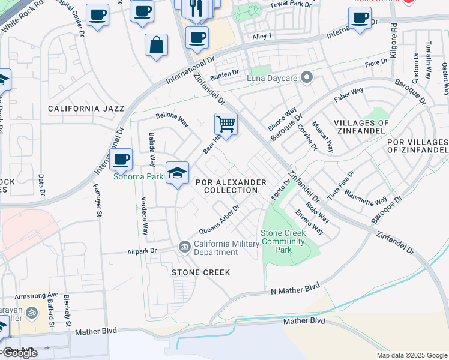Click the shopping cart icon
click(x=226, y=124)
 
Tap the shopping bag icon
click(x=156, y=45)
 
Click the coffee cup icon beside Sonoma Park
click(x=121, y=160)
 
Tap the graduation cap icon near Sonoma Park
click(x=177, y=173)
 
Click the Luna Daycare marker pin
click(x=307, y=77)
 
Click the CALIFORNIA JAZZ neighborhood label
click(x=86, y=109)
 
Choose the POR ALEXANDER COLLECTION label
click(x=234, y=186)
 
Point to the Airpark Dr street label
click(x=142, y=252)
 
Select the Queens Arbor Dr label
click(x=219, y=220)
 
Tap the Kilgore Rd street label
click(x=394, y=41)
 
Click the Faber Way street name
click(x=349, y=94)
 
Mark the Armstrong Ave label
click(x=37, y=295)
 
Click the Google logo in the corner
click(x=19, y=353)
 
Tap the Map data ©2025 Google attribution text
click(x=411, y=355)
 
